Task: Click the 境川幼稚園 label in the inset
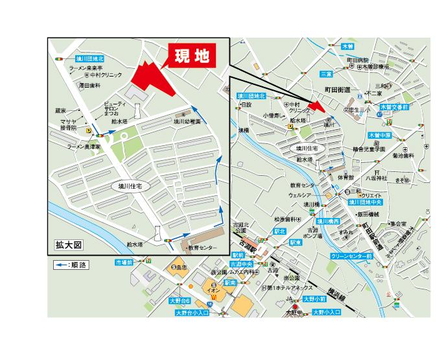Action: pos(186,121)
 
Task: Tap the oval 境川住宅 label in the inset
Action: pos(130,186)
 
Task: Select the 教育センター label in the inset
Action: pos(201,248)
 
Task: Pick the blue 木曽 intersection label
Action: pos(348,47)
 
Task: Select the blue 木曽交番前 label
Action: pos(394,106)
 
